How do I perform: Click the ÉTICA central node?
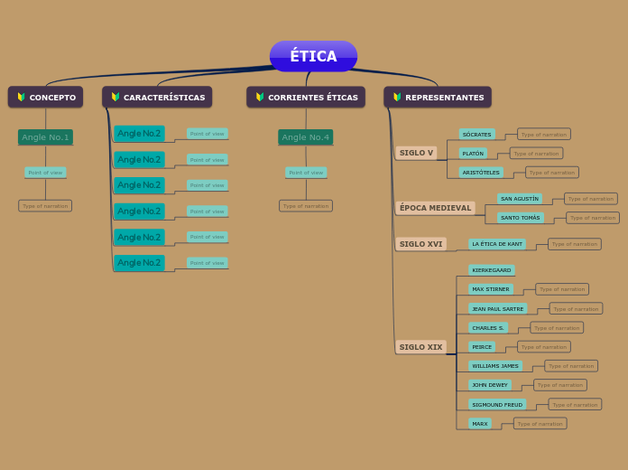tap(313, 56)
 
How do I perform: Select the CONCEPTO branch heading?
tap(45, 97)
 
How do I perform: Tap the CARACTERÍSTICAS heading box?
tap(157, 97)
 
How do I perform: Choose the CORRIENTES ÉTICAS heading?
tap(306, 97)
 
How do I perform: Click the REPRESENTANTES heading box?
tap(438, 97)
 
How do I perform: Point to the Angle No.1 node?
tap(45, 137)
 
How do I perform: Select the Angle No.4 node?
tap(306, 137)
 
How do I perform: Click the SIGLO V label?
tap(416, 153)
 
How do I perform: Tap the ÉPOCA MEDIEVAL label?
tap(435, 208)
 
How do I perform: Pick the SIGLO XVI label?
tap(420, 244)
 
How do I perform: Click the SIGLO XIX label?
tap(420, 347)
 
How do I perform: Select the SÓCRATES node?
tap(476, 134)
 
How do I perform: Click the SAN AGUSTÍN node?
tap(520, 198)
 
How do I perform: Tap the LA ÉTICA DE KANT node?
tap(496, 244)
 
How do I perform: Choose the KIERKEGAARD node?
tap(491, 270)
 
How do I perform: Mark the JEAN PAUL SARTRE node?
tap(497, 308)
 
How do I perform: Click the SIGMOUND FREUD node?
tap(497, 404)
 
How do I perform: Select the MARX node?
tap(479, 423)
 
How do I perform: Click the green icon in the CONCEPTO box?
tap(21, 97)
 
